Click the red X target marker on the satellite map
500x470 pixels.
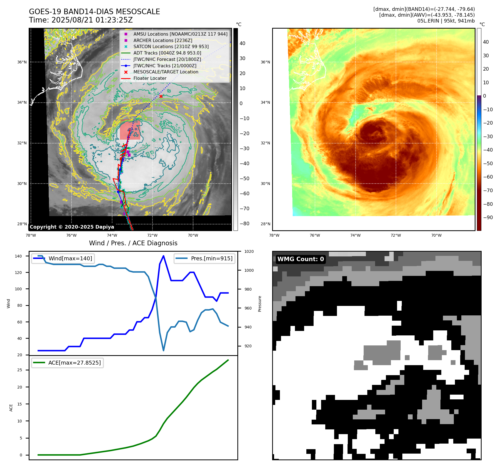tap(161, 96)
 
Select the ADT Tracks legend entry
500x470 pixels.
tap(167, 53)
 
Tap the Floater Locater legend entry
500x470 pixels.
tap(150, 78)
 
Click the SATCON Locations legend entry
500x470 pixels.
tap(171, 47)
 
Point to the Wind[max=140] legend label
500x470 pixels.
tap(70, 258)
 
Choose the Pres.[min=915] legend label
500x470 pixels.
tap(211, 258)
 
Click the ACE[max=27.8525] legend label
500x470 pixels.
tap(74, 363)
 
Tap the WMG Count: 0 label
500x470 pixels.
tap(301, 259)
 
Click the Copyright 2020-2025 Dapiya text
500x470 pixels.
tap(72, 227)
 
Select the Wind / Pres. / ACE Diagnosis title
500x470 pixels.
tap(133, 243)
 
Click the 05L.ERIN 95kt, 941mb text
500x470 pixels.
tap(446, 21)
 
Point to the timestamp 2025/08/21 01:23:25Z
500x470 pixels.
tap(92, 20)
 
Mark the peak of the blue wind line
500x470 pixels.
tap(163, 256)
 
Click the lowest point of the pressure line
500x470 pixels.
tap(163, 350)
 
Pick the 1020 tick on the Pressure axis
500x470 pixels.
tap(249, 251)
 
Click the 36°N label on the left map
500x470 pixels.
tap(22, 62)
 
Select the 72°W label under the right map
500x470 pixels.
tap(396, 235)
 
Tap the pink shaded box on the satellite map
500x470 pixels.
tap(130, 131)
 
